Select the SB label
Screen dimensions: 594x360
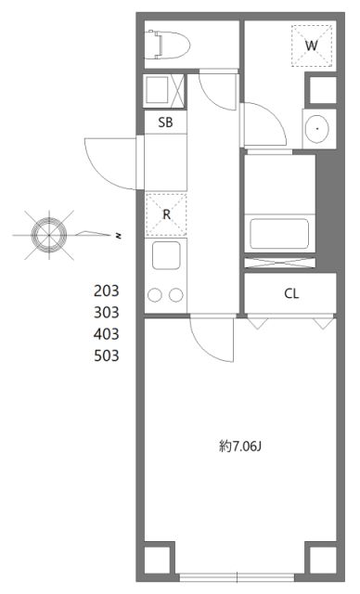(164, 122)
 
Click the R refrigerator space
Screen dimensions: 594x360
(166, 214)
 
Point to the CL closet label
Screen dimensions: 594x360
(290, 294)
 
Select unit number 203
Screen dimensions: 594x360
(108, 290)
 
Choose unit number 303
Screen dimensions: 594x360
(108, 311)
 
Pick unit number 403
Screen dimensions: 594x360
(108, 332)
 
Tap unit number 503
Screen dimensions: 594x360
(108, 355)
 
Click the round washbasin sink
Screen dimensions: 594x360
(318, 127)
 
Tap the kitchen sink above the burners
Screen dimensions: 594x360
(166, 257)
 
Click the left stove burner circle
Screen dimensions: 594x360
(155, 295)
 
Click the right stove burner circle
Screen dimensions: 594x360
(176, 295)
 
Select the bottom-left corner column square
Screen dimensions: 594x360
(158, 560)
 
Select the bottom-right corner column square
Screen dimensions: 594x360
(321, 560)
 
